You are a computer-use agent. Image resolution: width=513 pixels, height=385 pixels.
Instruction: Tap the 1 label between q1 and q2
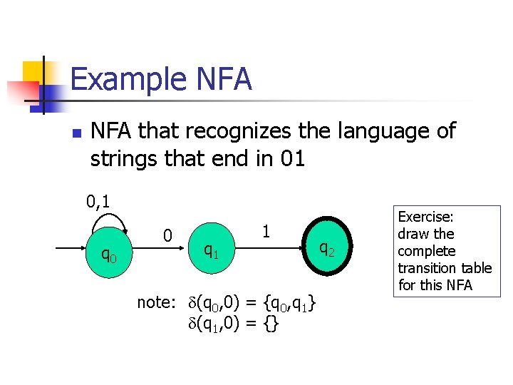(x=265, y=232)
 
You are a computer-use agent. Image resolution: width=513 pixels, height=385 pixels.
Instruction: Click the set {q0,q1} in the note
(x=289, y=303)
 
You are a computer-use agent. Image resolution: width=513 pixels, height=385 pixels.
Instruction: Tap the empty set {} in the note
(x=271, y=324)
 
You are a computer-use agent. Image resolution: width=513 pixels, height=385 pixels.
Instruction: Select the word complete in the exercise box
(x=426, y=251)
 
